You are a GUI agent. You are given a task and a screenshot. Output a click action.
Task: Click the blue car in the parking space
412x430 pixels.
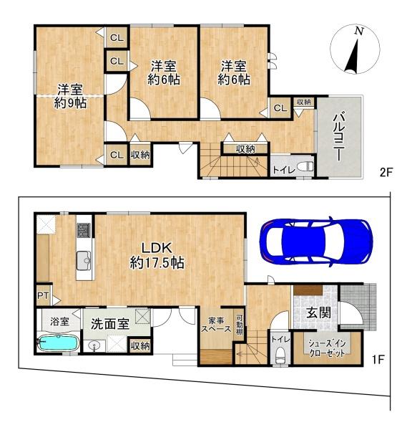click(x=316, y=242)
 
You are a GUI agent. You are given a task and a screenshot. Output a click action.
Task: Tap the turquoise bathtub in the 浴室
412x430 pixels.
click(x=59, y=343)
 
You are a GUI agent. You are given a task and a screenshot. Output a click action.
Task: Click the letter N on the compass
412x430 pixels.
click(x=358, y=32)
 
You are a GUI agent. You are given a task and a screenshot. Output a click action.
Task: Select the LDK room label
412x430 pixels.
click(x=157, y=248)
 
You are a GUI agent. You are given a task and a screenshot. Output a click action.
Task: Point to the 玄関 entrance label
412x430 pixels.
click(x=318, y=313)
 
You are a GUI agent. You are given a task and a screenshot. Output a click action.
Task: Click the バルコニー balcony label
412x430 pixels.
click(x=340, y=138)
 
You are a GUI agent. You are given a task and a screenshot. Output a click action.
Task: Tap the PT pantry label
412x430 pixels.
click(x=43, y=295)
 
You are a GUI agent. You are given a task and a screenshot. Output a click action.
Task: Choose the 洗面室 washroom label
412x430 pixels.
click(x=109, y=324)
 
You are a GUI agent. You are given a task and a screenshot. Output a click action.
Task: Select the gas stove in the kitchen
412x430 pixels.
click(x=84, y=230)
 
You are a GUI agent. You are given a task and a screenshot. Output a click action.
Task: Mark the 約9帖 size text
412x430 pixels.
click(x=70, y=103)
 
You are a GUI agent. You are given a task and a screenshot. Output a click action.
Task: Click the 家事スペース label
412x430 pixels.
click(x=216, y=325)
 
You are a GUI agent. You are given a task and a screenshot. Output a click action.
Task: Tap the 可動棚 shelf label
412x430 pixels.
click(x=240, y=325)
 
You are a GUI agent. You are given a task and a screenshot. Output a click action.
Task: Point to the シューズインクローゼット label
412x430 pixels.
click(x=326, y=348)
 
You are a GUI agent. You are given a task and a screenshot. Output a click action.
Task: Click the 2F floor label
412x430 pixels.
click(x=386, y=173)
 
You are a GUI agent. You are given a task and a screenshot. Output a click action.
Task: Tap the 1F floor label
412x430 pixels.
click(x=378, y=360)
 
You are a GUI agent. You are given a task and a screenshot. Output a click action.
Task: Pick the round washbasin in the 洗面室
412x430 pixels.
click(x=95, y=346)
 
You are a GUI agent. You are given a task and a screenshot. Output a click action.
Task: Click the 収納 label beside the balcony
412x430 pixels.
click(x=304, y=102)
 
